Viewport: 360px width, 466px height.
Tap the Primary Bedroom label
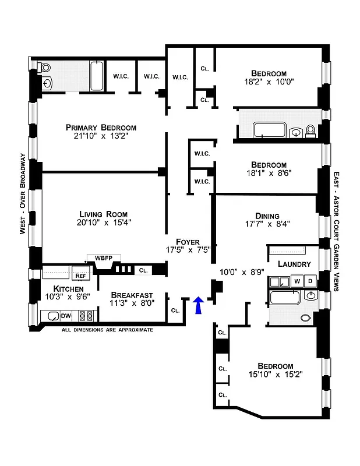pyautogui.click(x=101, y=128)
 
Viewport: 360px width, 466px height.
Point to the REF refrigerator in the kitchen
pyautogui.click(x=79, y=277)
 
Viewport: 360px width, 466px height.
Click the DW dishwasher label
pyautogui.click(x=67, y=316)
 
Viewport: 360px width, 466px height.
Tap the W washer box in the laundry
pyautogui.click(x=297, y=281)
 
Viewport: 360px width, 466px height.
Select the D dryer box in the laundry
pyautogui.click(x=310, y=281)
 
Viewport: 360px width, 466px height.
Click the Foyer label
pyautogui.click(x=188, y=241)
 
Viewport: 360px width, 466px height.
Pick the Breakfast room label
pyautogui.click(x=132, y=295)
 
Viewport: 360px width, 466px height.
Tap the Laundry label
pyautogui.click(x=294, y=264)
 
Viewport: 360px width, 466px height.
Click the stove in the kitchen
pyautogui.click(x=86, y=316)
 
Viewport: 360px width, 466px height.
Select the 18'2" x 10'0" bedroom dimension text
pyautogui.click(x=269, y=82)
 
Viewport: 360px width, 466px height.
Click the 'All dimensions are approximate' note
pyautogui.click(x=107, y=330)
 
